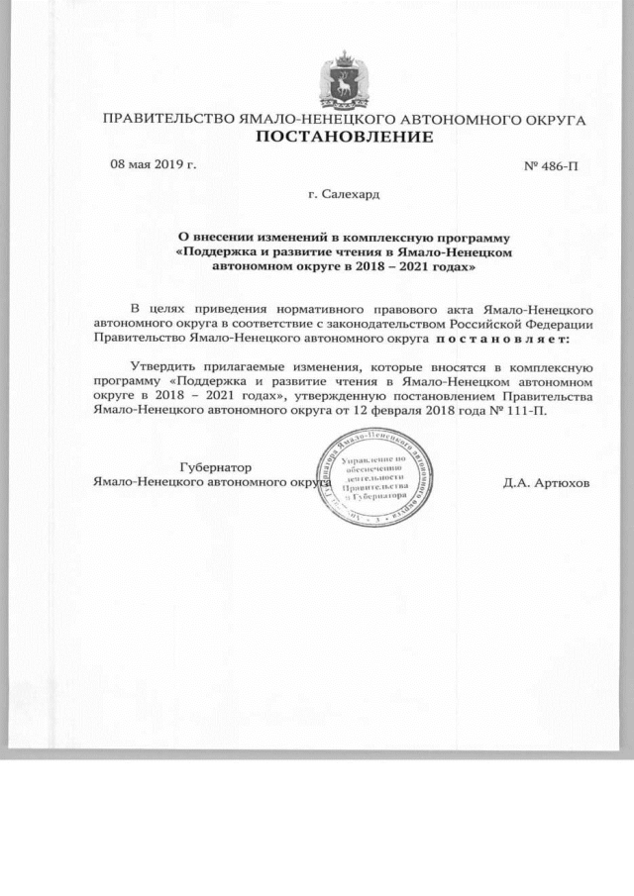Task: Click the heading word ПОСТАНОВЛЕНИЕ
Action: (346, 138)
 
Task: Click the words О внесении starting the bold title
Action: (217, 239)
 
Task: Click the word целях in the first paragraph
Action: (172, 310)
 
